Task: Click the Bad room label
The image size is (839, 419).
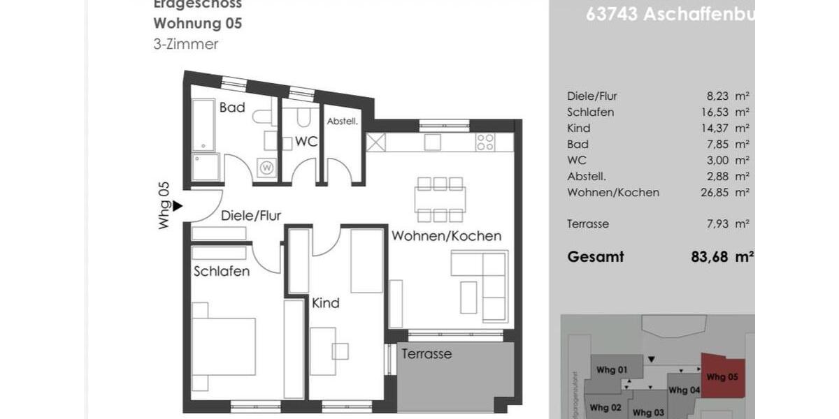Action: click(232, 108)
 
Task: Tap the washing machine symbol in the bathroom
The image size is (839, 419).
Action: click(266, 168)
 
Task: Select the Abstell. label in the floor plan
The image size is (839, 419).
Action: click(343, 121)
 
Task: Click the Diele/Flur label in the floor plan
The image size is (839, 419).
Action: click(250, 216)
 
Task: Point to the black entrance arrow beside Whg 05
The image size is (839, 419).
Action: click(178, 206)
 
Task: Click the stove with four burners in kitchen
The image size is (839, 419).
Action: click(485, 142)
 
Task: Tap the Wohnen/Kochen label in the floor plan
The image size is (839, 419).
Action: click(446, 236)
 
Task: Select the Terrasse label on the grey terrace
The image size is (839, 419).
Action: click(426, 354)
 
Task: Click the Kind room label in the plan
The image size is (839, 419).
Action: click(325, 303)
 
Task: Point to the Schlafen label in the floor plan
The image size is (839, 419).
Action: click(221, 272)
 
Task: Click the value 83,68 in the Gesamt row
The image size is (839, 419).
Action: click(710, 257)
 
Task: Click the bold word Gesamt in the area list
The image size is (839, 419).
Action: click(595, 257)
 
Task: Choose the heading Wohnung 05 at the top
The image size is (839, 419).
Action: click(198, 23)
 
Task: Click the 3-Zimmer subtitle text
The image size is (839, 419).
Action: click(186, 44)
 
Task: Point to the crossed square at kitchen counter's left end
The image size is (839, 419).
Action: click(376, 142)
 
